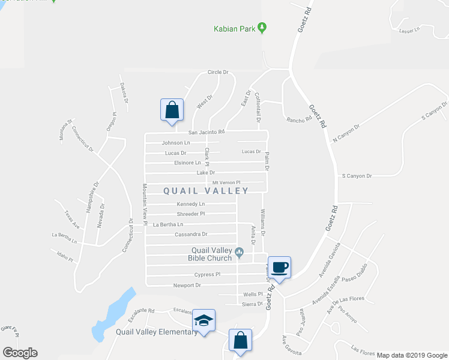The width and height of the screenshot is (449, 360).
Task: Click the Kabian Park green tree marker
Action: click(262, 28)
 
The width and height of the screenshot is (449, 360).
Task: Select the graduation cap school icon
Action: click(204, 321)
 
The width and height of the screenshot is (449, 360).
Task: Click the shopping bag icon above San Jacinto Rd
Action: click(172, 110)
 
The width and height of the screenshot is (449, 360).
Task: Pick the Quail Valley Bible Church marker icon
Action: click(240, 251)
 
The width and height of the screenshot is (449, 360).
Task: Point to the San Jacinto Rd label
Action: click(206, 132)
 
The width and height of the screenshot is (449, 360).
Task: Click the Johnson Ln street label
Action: click(176, 143)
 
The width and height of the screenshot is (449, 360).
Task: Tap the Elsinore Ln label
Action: click(188, 162)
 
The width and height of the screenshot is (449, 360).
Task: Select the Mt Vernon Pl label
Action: click(226, 182)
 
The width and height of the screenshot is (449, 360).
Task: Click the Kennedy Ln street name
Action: click(190, 204)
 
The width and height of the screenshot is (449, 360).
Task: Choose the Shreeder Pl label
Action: click(191, 214)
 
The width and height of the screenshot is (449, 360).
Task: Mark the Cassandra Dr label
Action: click(191, 234)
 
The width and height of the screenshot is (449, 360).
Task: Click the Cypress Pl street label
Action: click(207, 274)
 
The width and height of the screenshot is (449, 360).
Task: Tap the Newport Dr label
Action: click(186, 286)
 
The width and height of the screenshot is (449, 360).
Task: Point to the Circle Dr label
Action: click(218, 72)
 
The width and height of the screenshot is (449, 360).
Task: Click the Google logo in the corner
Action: click(20, 352)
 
